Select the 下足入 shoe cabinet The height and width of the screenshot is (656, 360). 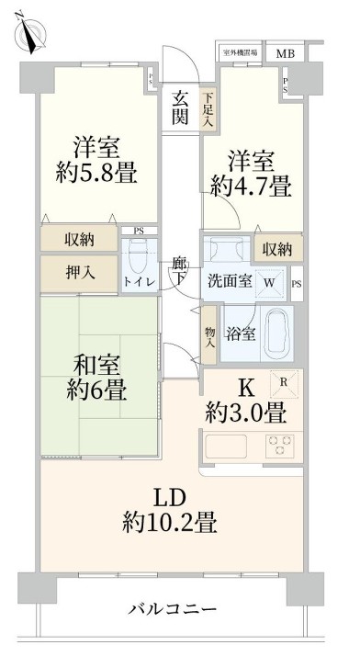click(209, 108)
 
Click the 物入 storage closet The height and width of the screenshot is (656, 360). click(210, 337)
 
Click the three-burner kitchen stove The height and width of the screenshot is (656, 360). click(280, 445)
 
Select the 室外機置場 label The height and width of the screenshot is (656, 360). click(241, 52)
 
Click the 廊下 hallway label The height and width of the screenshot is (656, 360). click(180, 270)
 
